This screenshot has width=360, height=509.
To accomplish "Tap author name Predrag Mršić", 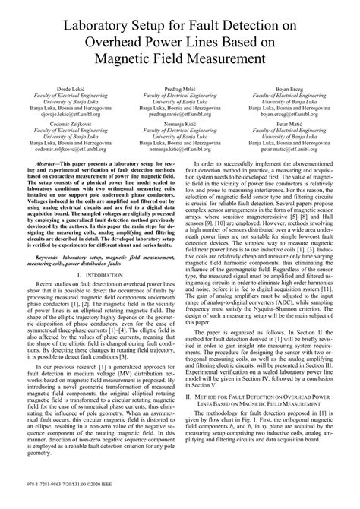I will coord(179,89).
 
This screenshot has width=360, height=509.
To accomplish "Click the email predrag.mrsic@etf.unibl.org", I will coord(179,116).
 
